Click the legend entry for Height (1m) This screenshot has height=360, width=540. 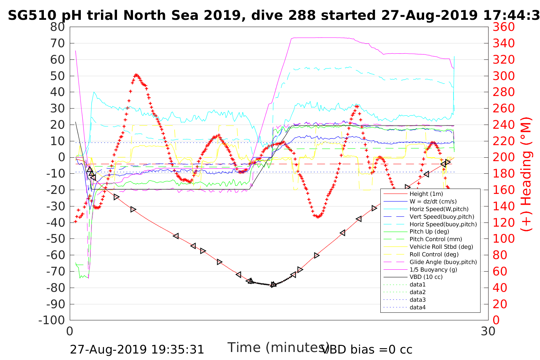pos(426,194)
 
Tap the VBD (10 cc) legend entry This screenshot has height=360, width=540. pos(426,277)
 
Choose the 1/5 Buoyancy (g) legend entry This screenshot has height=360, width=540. pos(433,269)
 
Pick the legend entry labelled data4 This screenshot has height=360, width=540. pos(417,307)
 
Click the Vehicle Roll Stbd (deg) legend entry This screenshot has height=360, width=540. pos(441,247)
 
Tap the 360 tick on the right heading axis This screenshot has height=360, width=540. pos(503,27)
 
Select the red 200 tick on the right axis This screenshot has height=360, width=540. pos(503,157)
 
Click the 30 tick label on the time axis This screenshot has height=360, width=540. pos(488,331)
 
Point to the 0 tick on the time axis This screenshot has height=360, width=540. pos(70,331)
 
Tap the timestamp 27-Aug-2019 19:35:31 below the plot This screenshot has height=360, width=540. pos(137,349)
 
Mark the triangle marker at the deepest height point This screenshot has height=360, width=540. pos(273,285)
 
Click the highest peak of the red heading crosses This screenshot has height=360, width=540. pos(136,75)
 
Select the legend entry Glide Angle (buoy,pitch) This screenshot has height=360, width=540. pos(443,262)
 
